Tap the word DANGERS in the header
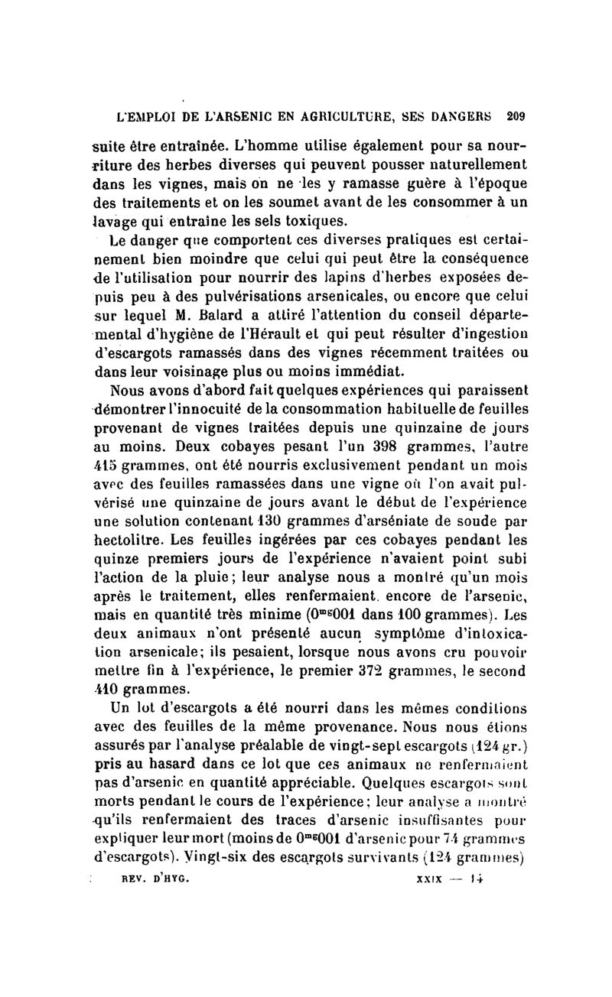pos(466,117)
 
